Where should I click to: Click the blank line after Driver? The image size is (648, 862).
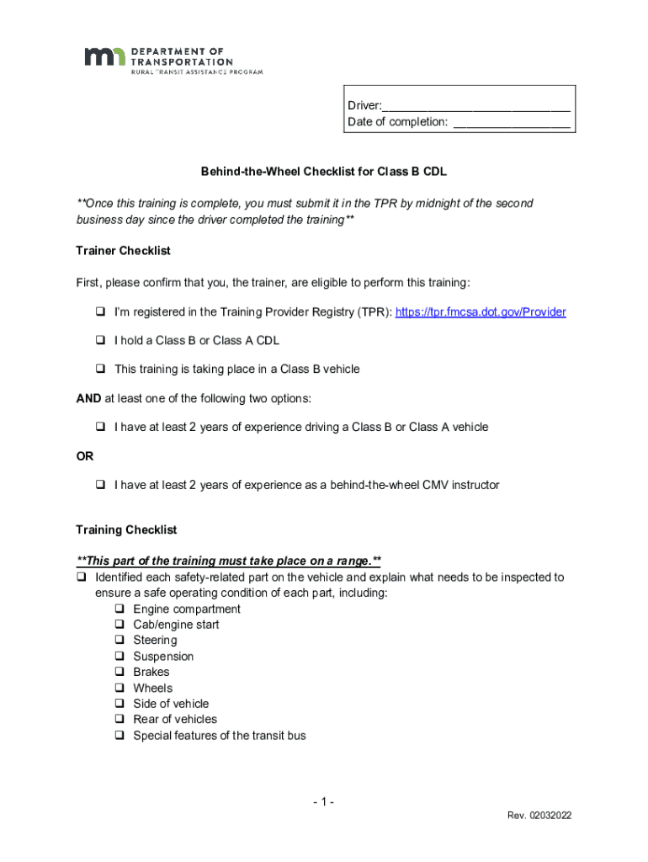[x=476, y=107]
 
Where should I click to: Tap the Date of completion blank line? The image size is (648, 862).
[x=511, y=123]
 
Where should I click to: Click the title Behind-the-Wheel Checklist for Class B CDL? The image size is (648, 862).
[x=324, y=172]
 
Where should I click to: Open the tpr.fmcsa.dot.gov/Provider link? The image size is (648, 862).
[x=481, y=312]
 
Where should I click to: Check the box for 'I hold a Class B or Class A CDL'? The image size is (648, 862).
[x=99, y=341]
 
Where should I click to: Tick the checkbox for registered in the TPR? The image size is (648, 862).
[x=99, y=312]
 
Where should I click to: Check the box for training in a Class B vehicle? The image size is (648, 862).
[x=99, y=370]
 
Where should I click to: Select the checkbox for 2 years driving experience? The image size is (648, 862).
[x=99, y=428]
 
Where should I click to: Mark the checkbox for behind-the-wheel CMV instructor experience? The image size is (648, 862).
[x=99, y=486]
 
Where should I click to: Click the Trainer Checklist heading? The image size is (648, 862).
[x=123, y=251]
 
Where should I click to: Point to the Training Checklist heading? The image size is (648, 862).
[x=126, y=530]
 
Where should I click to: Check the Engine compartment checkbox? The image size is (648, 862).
[x=119, y=609]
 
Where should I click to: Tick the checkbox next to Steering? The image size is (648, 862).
[x=119, y=641]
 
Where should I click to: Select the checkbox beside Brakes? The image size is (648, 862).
[x=119, y=673]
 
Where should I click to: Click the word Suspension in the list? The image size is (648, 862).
[x=163, y=657]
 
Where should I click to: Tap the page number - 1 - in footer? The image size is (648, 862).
[x=322, y=802]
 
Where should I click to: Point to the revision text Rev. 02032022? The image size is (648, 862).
[x=539, y=817]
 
